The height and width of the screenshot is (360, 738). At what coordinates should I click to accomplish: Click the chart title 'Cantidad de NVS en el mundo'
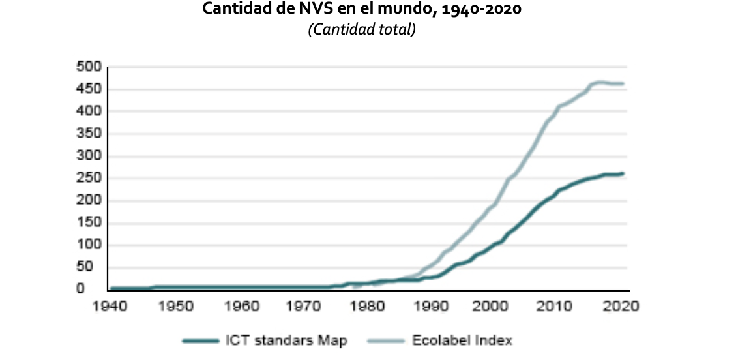tap(310, 9)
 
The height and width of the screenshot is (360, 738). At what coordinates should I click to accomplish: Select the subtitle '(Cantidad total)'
tap(362, 30)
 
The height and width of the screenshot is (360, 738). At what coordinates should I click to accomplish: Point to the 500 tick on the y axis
tap(89, 67)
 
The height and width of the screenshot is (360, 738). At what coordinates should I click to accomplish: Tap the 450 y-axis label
tap(89, 89)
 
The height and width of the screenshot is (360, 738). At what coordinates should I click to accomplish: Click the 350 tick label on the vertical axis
tap(89, 134)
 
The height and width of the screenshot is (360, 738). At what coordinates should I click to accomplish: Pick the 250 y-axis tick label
tap(89, 178)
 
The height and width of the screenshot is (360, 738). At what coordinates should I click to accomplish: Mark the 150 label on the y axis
tap(89, 223)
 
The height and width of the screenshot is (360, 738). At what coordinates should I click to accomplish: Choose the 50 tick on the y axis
tap(93, 267)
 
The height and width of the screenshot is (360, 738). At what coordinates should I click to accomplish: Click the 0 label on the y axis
tap(80, 289)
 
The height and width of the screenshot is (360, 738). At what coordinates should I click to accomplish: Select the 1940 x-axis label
tap(110, 306)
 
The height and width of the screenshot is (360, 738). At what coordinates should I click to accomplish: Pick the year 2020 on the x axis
tap(622, 306)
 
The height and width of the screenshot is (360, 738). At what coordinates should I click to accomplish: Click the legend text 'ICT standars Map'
tap(286, 340)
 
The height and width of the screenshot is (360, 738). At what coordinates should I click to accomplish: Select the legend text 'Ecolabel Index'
tap(462, 340)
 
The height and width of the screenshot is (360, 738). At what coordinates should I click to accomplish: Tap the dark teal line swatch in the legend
tap(201, 340)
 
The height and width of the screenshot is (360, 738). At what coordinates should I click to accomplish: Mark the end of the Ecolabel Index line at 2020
tap(623, 84)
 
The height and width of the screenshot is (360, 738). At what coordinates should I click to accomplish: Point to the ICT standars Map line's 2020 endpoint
tap(623, 173)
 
